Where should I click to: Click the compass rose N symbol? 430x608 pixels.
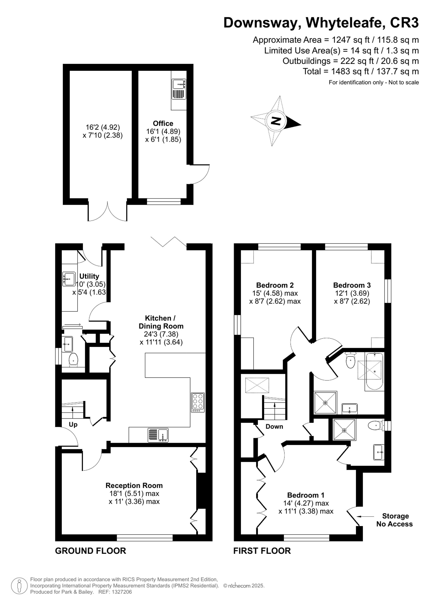point(276,121)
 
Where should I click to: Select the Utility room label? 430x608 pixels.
point(89,276)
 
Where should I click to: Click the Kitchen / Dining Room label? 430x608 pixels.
point(161,322)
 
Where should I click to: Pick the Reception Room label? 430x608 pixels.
point(134,485)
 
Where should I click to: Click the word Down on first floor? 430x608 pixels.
point(274,427)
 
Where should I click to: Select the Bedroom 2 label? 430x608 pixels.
point(275,285)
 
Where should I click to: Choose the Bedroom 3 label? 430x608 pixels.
point(352,285)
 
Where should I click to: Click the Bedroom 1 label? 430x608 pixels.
point(306,495)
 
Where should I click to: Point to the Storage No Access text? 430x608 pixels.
point(395,520)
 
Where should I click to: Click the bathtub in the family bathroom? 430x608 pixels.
point(374,371)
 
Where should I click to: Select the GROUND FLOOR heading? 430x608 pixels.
point(91,551)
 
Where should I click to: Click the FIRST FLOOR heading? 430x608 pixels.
point(262,551)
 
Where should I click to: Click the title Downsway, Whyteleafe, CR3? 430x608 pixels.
point(321,23)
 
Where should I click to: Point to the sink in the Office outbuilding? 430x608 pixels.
point(179,84)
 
